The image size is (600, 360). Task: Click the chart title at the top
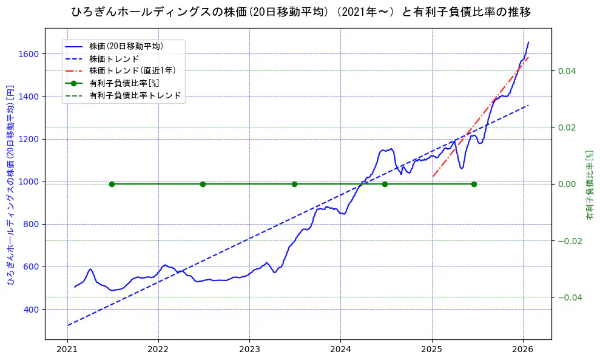300,12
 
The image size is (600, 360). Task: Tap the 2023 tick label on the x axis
249,350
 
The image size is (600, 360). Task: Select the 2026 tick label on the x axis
523,350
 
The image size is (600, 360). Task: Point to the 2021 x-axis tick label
67,350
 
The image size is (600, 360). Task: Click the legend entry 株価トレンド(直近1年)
133,70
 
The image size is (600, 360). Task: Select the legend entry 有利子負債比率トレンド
135,95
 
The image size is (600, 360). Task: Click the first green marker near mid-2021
112,184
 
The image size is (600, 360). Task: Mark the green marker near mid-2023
294,184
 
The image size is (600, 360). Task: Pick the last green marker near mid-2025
474,184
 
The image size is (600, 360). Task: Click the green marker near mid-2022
203,184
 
